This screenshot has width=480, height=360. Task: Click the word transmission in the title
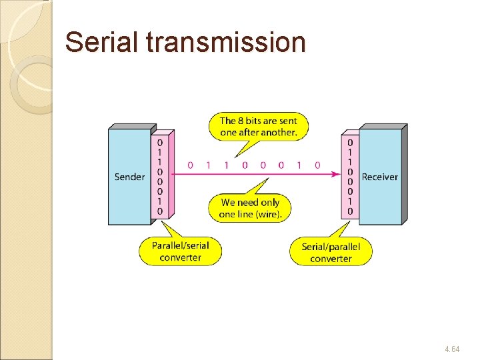tap(225, 43)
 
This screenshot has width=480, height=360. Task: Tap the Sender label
tap(129, 177)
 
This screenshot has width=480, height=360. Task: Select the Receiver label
tap(379, 177)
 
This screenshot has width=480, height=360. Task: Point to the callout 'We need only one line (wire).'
tap(251, 207)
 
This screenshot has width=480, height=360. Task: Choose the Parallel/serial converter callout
tap(180, 251)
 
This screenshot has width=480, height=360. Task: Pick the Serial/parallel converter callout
tap(331, 253)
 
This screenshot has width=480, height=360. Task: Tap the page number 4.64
tap(451, 349)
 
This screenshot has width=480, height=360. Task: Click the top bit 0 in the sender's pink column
tap(160, 142)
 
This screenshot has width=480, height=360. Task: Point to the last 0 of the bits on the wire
tap(317, 165)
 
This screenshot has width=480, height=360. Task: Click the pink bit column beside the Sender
tap(160, 177)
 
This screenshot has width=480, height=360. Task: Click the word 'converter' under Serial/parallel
tap(331, 259)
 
